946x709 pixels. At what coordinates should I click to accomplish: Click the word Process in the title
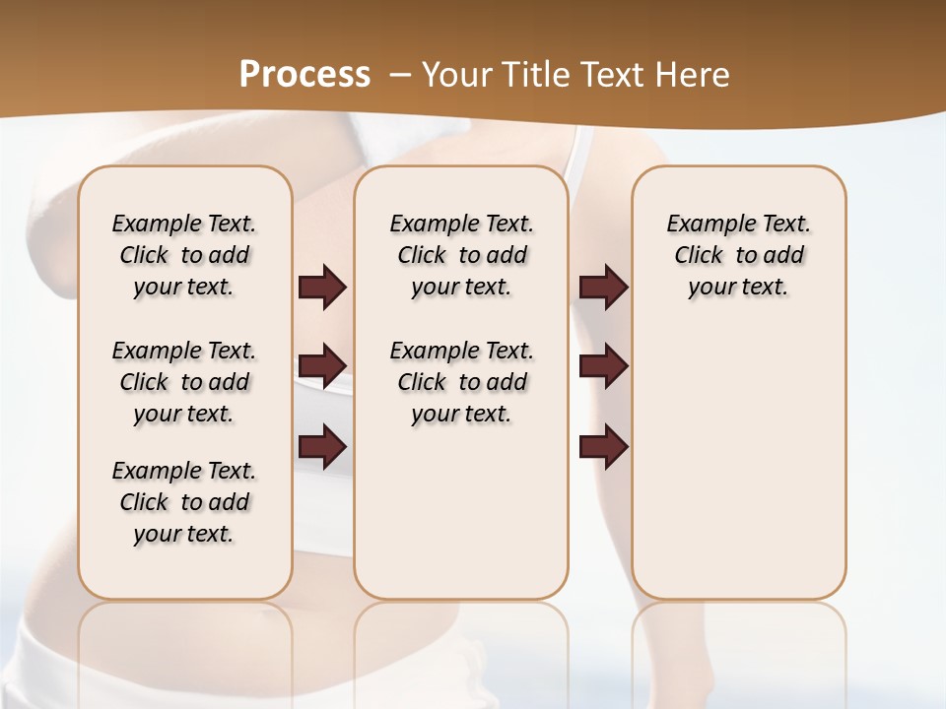(304, 75)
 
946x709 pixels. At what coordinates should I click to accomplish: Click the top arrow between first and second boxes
(322, 288)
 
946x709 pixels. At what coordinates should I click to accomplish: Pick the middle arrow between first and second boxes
(322, 366)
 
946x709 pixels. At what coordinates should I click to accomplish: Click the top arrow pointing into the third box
(603, 288)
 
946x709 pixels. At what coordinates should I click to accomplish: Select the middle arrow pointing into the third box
(603, 366)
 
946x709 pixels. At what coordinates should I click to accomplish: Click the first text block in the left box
(184, 255)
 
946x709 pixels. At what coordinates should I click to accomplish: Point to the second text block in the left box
(184, 382)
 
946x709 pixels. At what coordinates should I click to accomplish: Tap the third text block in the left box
(184, 502)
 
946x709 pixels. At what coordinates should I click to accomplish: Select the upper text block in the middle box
(461, 255)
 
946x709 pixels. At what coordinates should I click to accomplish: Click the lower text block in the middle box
(461, 382)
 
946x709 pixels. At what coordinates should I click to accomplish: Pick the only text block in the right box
(738, 255)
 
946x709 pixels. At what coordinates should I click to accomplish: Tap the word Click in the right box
(699, 256)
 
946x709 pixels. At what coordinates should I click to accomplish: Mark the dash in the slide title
(400, 75)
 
